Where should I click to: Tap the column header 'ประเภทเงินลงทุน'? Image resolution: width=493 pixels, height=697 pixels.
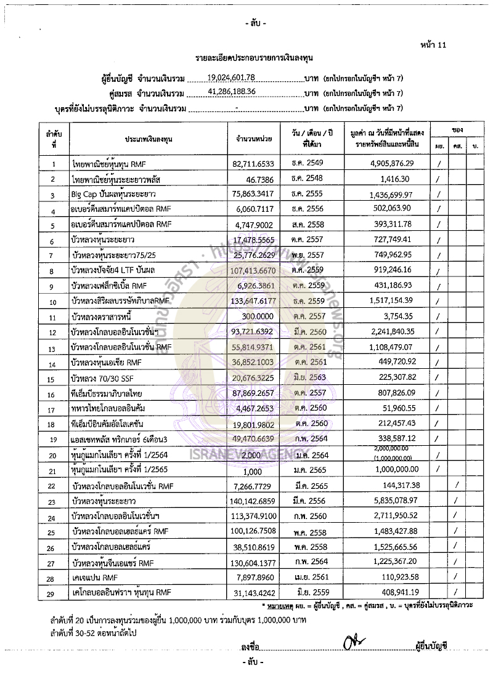click(x=148, y=139)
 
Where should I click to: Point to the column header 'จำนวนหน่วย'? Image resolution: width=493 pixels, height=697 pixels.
click(x=254, y=139)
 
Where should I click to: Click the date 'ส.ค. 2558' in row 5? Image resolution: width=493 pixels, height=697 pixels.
click(x=317, y=225)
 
